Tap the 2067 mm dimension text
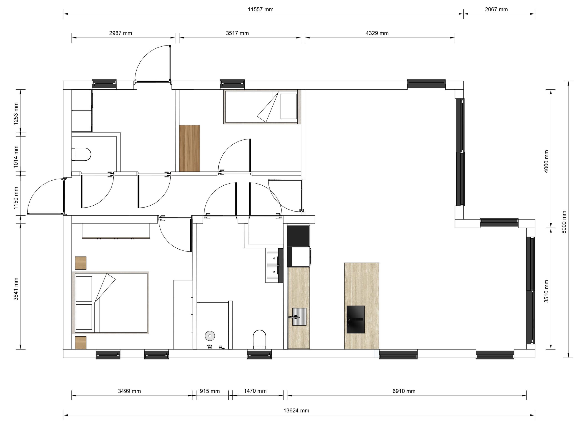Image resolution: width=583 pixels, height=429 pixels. tap(496, 10)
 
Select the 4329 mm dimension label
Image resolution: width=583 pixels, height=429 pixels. tap(377, 33)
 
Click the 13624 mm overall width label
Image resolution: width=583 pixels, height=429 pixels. tap(296, 411)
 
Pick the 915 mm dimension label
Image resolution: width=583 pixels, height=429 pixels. tap(210, 391)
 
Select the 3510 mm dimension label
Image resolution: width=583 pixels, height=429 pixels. tap(546, 291)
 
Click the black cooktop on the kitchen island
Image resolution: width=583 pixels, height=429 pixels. tap(355, 319)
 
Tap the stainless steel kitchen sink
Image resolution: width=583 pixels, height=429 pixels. tap(299, 317)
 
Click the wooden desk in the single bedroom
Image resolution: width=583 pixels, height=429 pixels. tap(189, 148)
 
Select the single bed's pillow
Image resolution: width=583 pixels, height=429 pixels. tap(289, 106)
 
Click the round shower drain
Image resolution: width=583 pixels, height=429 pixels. tap(210, 336)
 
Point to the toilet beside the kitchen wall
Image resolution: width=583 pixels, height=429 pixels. tap(259, 339)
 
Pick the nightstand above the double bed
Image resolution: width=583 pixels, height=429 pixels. tap(81, 263)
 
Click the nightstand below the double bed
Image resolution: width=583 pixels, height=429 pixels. tap(81, 343)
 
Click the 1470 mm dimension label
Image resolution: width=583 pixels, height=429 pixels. tap(255, 391)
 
